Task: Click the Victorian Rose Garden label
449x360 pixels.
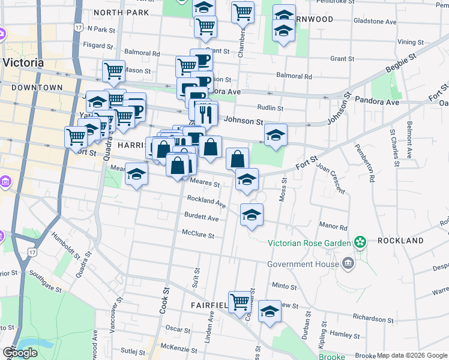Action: point(308,242)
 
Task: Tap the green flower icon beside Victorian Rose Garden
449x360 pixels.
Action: point(360,242)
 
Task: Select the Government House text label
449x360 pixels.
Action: point(303,264)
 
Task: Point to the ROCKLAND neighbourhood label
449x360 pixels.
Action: point(400,241)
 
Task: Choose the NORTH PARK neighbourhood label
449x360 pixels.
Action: point(121,12)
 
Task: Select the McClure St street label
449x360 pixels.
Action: point(198,235)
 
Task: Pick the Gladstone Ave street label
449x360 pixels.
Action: point(375,22)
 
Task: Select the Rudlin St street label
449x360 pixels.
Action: point(270,108)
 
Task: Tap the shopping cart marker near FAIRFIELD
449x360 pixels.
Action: point(240,301)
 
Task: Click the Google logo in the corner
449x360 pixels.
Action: point(20,353)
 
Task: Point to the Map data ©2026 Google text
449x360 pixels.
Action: point(412,355)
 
